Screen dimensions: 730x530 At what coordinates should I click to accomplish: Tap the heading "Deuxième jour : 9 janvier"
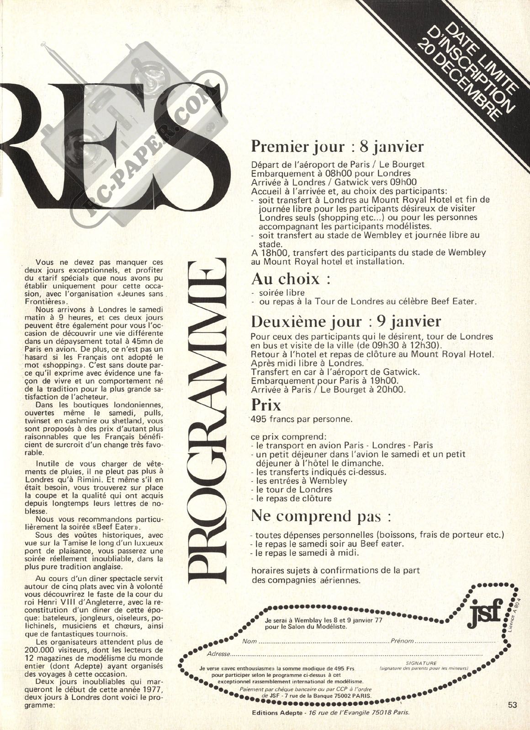tap(346, 321)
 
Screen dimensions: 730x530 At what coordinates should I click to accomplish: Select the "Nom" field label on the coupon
tap(249, 641)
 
